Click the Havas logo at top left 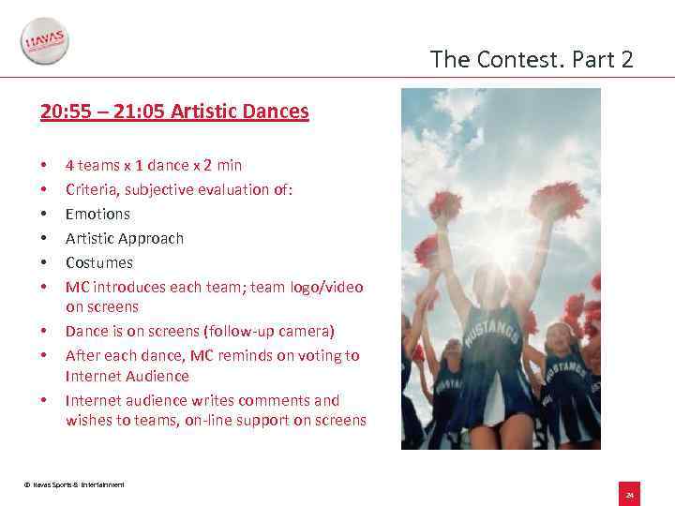[44, 42]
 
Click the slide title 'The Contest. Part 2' [532, 60]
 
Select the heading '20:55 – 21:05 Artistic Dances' [174, 112]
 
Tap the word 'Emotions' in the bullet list [97, 214]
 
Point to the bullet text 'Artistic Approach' [125, 238]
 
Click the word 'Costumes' [99, 262]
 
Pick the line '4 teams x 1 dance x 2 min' [154, 165]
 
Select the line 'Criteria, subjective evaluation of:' [179, 189]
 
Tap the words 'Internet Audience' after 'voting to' [127, 376]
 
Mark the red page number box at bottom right [630, 494]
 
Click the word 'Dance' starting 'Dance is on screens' [86, 331]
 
